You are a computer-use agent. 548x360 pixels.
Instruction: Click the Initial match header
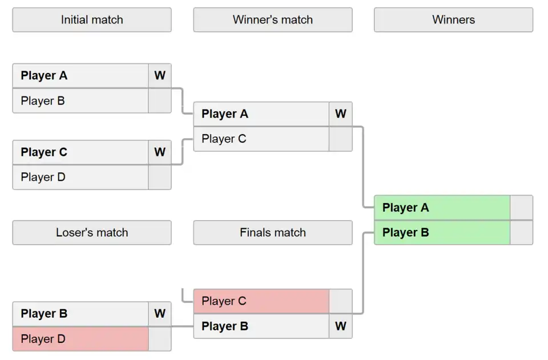tap(91, 20)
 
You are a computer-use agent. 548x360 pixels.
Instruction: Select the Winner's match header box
tap(272, 20)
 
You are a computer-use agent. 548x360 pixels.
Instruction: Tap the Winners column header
tap(453, 20)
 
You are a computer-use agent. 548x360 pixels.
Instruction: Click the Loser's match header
tap(91, 233)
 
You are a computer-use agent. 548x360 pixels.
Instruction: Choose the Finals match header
tap(272, 233)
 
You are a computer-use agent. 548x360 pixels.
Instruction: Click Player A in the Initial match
tap(80, 76)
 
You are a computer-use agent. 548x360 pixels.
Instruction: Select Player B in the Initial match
tap(80, 101)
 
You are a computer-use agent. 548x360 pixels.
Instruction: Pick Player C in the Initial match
tap(80, 152)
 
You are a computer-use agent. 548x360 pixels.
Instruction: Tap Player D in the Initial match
tap(80, 177)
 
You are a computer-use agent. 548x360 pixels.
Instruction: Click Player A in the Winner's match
tap(261, 114)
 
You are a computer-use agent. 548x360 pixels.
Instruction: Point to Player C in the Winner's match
tap(261, 139)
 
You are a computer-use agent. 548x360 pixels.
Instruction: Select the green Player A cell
tap(442, 208)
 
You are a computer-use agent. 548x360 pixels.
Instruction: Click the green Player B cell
tap(442, 233)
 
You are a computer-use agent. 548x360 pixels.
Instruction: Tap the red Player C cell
tap(261, 301)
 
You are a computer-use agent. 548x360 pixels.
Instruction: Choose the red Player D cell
tap(80, 339)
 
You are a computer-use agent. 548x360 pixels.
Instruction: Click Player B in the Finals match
tap(261, 326)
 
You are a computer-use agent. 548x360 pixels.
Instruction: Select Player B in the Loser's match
tap(80, 314)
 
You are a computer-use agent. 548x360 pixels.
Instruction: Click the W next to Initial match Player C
tap(160, 152)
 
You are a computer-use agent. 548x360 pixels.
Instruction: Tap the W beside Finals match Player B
tap(341, 326)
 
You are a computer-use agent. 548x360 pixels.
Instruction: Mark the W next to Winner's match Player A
tap(341, 114)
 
